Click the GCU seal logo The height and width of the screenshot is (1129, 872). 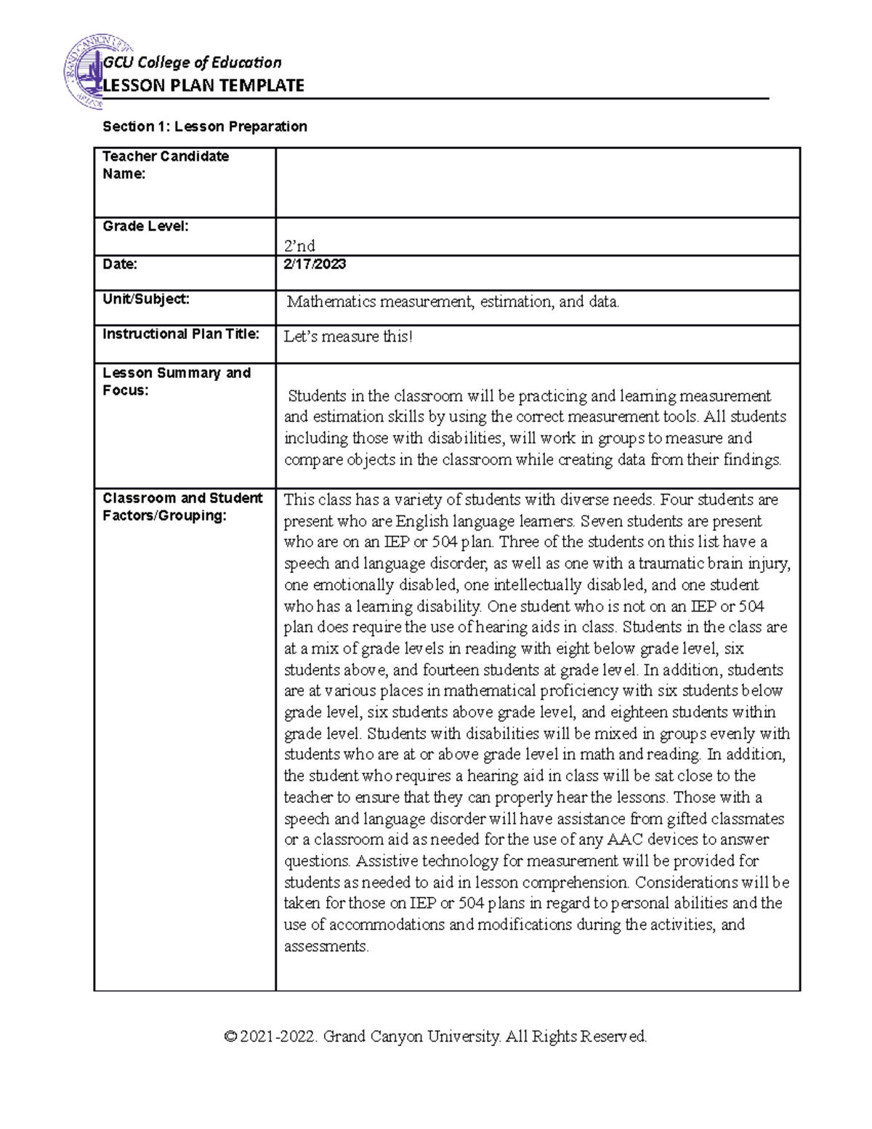[84, 71]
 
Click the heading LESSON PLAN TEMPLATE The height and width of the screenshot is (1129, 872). [204, 86]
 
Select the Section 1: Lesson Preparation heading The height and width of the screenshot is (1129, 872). [205, 126]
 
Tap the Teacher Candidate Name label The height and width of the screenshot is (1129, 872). [166, 165]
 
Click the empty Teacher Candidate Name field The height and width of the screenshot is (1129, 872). [538, 182]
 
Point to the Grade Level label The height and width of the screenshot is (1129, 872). [145, 226]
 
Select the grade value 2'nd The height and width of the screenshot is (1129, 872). [299, 246]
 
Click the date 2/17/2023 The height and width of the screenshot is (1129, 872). [315, 264]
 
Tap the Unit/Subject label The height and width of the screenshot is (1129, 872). [146, 299]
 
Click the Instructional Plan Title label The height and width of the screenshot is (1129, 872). [181, 334]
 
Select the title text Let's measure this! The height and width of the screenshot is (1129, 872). [348, 337]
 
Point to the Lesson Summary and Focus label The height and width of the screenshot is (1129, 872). [177, 381]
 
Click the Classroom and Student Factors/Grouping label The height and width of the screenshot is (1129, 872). [182, 507]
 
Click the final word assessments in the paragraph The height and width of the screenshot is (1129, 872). [326, 946]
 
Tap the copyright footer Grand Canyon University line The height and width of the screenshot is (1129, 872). [436, 1036]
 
